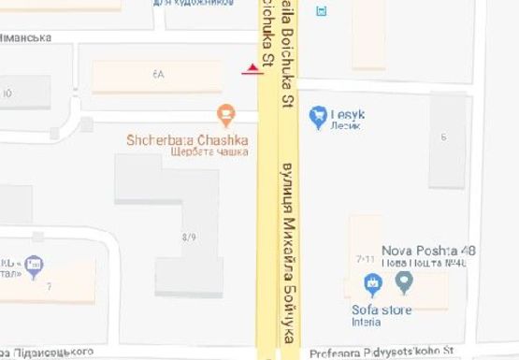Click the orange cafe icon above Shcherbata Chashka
point(224,116)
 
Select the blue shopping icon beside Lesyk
point(317,114)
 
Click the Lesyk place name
point(348,113)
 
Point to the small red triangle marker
point(251,69)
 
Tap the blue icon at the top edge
point(324,11)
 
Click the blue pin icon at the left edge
point(34,266)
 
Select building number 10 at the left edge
point(7,93)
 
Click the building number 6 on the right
point(444,137)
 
